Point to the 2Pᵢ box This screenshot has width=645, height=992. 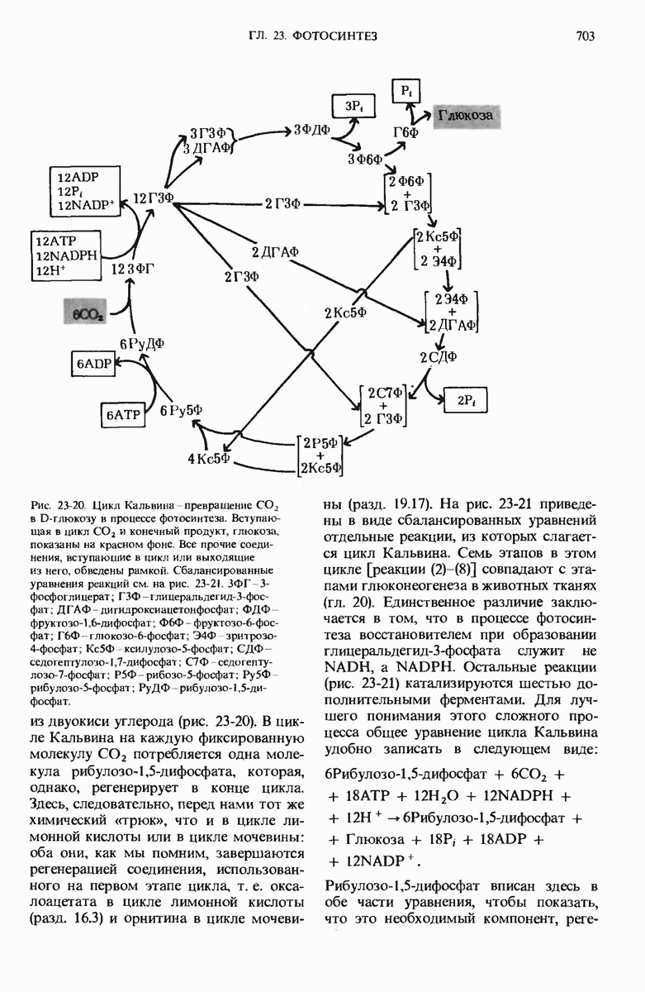pyautogui.click(x=466, y=401)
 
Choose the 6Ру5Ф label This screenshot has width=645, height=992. pyautogui.click(x=182, y=411)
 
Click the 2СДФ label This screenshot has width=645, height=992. pyautogui.click(x=439, y=357)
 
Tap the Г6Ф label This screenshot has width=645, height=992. pyautogui.click(x=405, y=132)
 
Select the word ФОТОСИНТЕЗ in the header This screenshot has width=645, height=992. pyautogui.click(x=339, y=36)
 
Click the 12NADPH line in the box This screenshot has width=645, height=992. pyautogui.click(x=65, y=255)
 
